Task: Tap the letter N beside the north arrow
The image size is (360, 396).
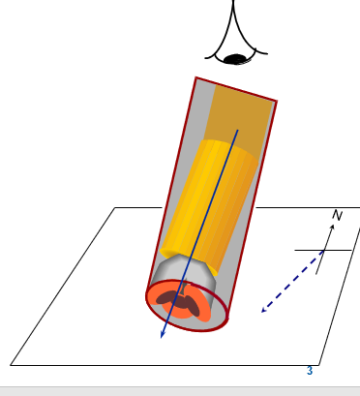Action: click(337, 215)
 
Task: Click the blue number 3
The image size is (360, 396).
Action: click(310, 371)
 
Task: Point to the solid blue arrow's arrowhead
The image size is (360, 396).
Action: click(164, 334)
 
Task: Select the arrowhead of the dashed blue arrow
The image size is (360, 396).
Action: click(263, 310)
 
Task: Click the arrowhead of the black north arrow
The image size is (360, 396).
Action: click(332, 227)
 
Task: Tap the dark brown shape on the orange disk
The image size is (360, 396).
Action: click(178, 301)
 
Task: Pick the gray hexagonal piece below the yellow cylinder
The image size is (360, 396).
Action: click(183, 271)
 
